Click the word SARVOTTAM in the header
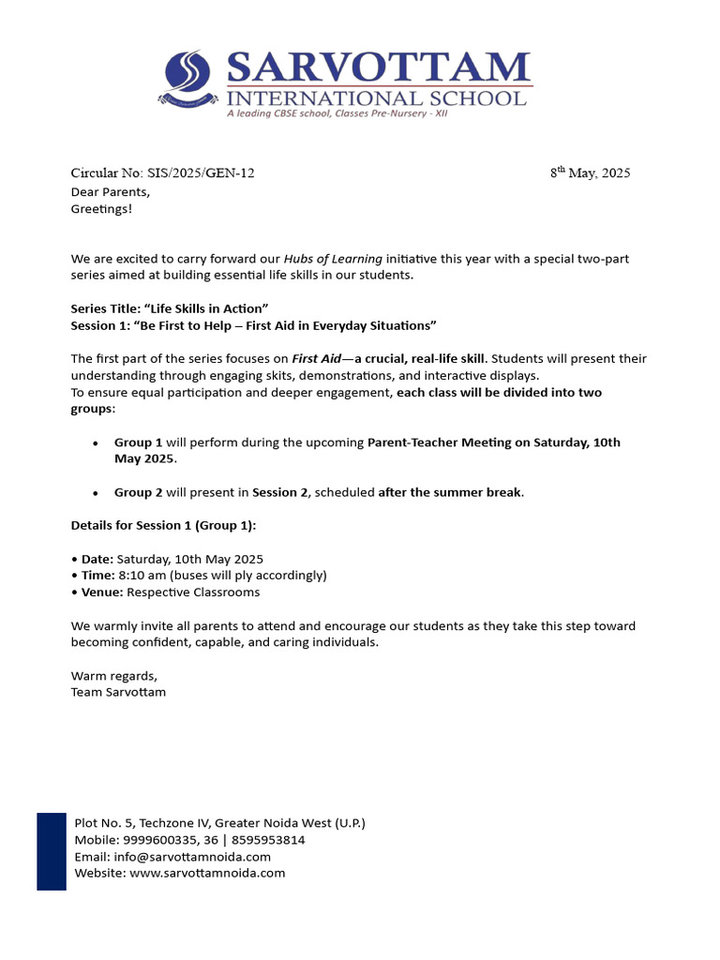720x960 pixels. (x=378, y=68)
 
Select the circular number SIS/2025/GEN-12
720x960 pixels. (x=201, y=172)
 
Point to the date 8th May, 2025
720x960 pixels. (x=590, y=172)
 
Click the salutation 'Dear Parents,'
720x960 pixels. (x=110, y=191)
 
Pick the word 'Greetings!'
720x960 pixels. (x=101, y=208)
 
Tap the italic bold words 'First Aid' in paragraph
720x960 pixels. (x=317, y=359)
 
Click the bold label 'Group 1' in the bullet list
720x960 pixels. (x=139, y=442)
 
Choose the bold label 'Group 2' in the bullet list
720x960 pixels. (x=139, y=492)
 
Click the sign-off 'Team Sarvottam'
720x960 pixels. (x=118, y=692)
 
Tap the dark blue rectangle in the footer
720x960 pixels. (x=52, y=851)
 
